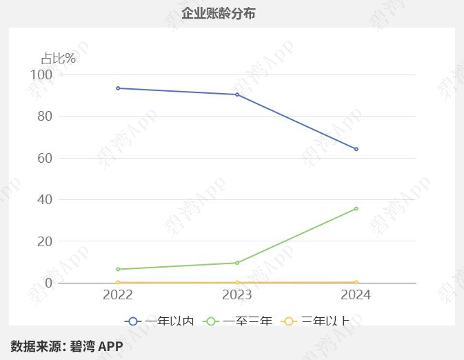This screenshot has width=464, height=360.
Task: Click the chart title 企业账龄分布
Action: point(218,13)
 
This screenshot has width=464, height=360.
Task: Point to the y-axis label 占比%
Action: point(58,59)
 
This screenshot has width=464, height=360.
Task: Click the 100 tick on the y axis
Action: point(41,74)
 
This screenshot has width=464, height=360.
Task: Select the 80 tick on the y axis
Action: point(45,116)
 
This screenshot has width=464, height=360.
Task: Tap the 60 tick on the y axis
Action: point(45,158)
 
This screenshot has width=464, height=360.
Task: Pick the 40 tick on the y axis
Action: point(45,199)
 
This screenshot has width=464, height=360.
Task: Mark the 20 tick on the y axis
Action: point(45,241)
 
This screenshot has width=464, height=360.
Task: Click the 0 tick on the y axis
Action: point(48,283)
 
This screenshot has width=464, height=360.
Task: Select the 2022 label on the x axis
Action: point(118,295)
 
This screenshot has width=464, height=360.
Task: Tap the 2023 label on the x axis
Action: point(237,295)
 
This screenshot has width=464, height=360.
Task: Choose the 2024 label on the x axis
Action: point(356,295)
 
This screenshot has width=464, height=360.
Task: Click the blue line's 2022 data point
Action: point(118,88)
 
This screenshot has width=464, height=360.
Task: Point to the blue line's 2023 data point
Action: point(237,94)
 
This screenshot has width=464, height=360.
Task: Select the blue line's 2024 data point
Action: point(356,149)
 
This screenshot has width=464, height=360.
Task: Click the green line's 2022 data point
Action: point(118,269)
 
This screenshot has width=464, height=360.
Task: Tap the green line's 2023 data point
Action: point(237,263)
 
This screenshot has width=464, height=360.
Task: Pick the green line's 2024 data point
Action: point(356,208)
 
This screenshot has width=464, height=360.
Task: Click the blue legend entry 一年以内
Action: point(160,321)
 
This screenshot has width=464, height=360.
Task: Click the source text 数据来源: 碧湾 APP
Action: point(67,346)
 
